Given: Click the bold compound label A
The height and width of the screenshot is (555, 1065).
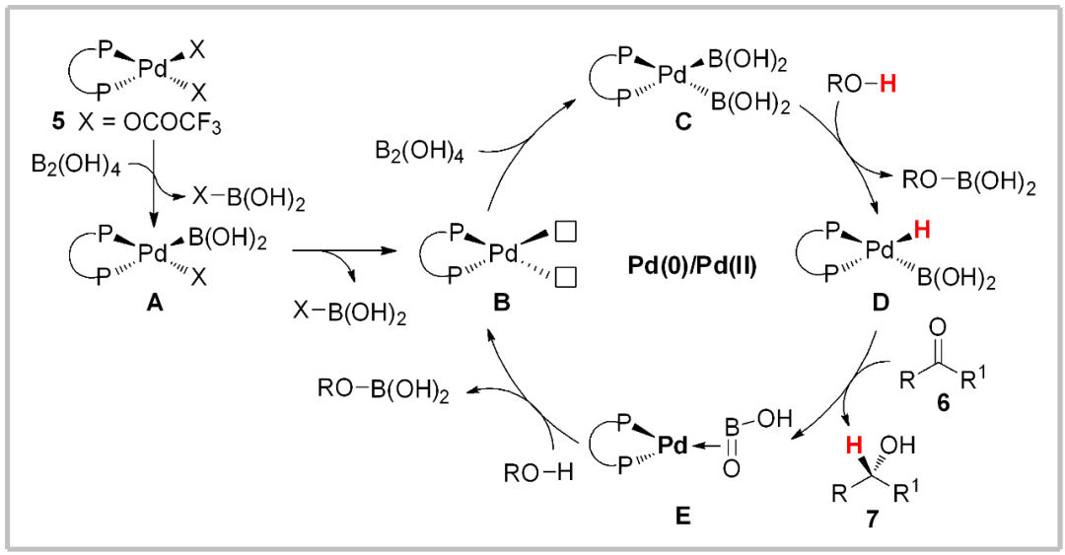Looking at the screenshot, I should (154, 305).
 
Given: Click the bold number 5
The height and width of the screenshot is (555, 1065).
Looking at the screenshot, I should (61, 123).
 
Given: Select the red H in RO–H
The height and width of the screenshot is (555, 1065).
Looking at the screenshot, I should (888, 86).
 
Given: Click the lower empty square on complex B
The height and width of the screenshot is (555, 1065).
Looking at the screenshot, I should (566, 279).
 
